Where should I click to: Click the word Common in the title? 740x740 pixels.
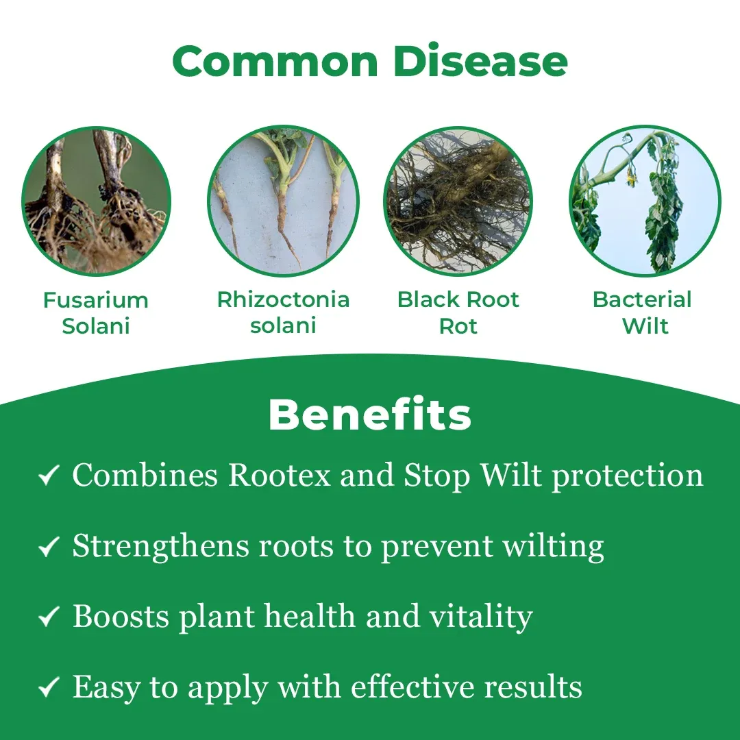[275, 62]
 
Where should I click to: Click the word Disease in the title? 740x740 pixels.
[480, 62]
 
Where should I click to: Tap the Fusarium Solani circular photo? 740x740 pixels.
[97, 201]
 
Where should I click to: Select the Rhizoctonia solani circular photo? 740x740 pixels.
[283, 201]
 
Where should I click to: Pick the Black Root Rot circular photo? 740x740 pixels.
[458, 201]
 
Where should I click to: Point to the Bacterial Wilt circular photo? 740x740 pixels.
[645, 201]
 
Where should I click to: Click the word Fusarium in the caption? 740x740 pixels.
[96, 300]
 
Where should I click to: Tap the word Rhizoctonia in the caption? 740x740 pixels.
[283, 299]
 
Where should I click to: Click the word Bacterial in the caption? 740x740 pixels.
[642, 299]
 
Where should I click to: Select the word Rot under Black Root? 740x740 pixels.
[458, 326]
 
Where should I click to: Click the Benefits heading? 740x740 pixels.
[370, 415]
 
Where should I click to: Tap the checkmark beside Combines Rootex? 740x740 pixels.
[49, 475]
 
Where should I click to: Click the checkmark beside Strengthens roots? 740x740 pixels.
[49, 546]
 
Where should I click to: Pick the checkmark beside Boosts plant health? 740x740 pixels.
[49, 617]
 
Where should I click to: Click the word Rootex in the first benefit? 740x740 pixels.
[280, 475]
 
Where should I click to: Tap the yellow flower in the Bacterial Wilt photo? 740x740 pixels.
[630, 179]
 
